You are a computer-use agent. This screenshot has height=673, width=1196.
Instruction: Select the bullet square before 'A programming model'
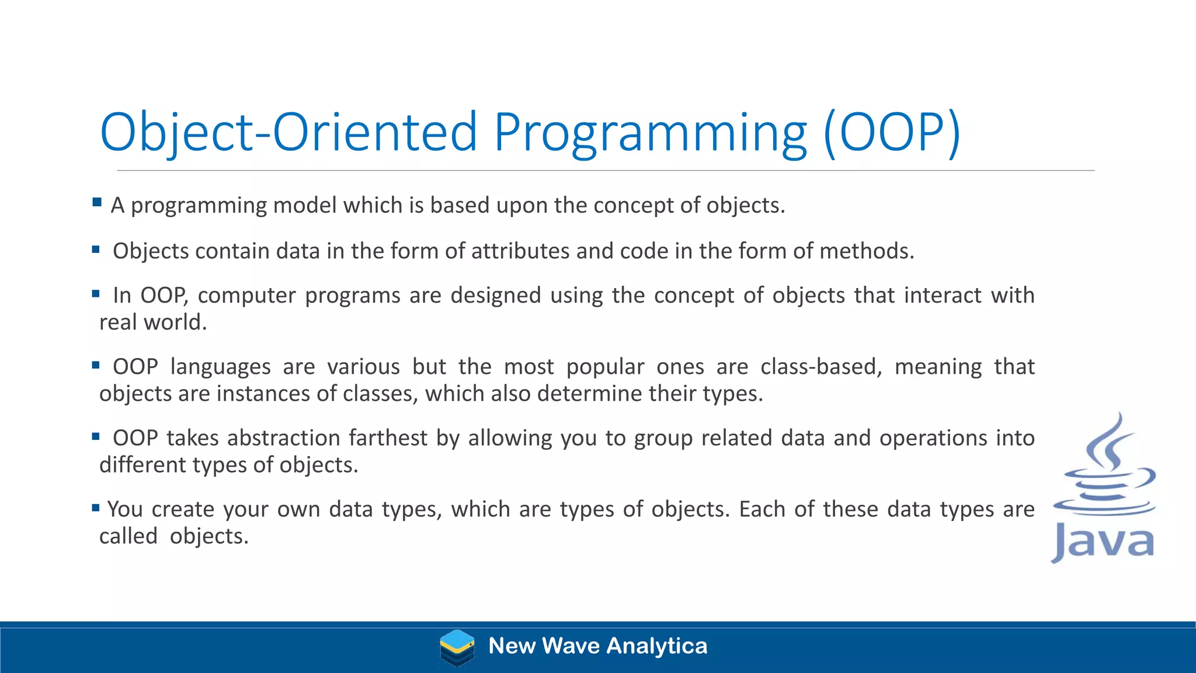pyautogui.click(x=97, y=203)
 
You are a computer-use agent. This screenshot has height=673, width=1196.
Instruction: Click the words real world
pyautogui.click(x=152, y=322)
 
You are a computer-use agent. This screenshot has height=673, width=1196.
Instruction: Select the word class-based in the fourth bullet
pyautogui.click(x=820, y=367)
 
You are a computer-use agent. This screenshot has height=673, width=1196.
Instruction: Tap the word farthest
pyautogui.click(x=388, y=438)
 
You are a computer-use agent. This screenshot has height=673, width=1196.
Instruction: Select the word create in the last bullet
pyautogui.click(x=182, y=509)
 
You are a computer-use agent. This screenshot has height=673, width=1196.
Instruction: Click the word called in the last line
pyautogui.click(x=128, y=536)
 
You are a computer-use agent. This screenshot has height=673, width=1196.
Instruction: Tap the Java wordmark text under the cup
pyautogui.click(x=1103, y=542)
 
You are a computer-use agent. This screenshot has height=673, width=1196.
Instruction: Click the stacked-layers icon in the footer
pyautogui.click(x=457, y=647)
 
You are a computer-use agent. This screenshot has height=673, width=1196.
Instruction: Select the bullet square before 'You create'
pyautogui.click(x=96, y=508)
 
